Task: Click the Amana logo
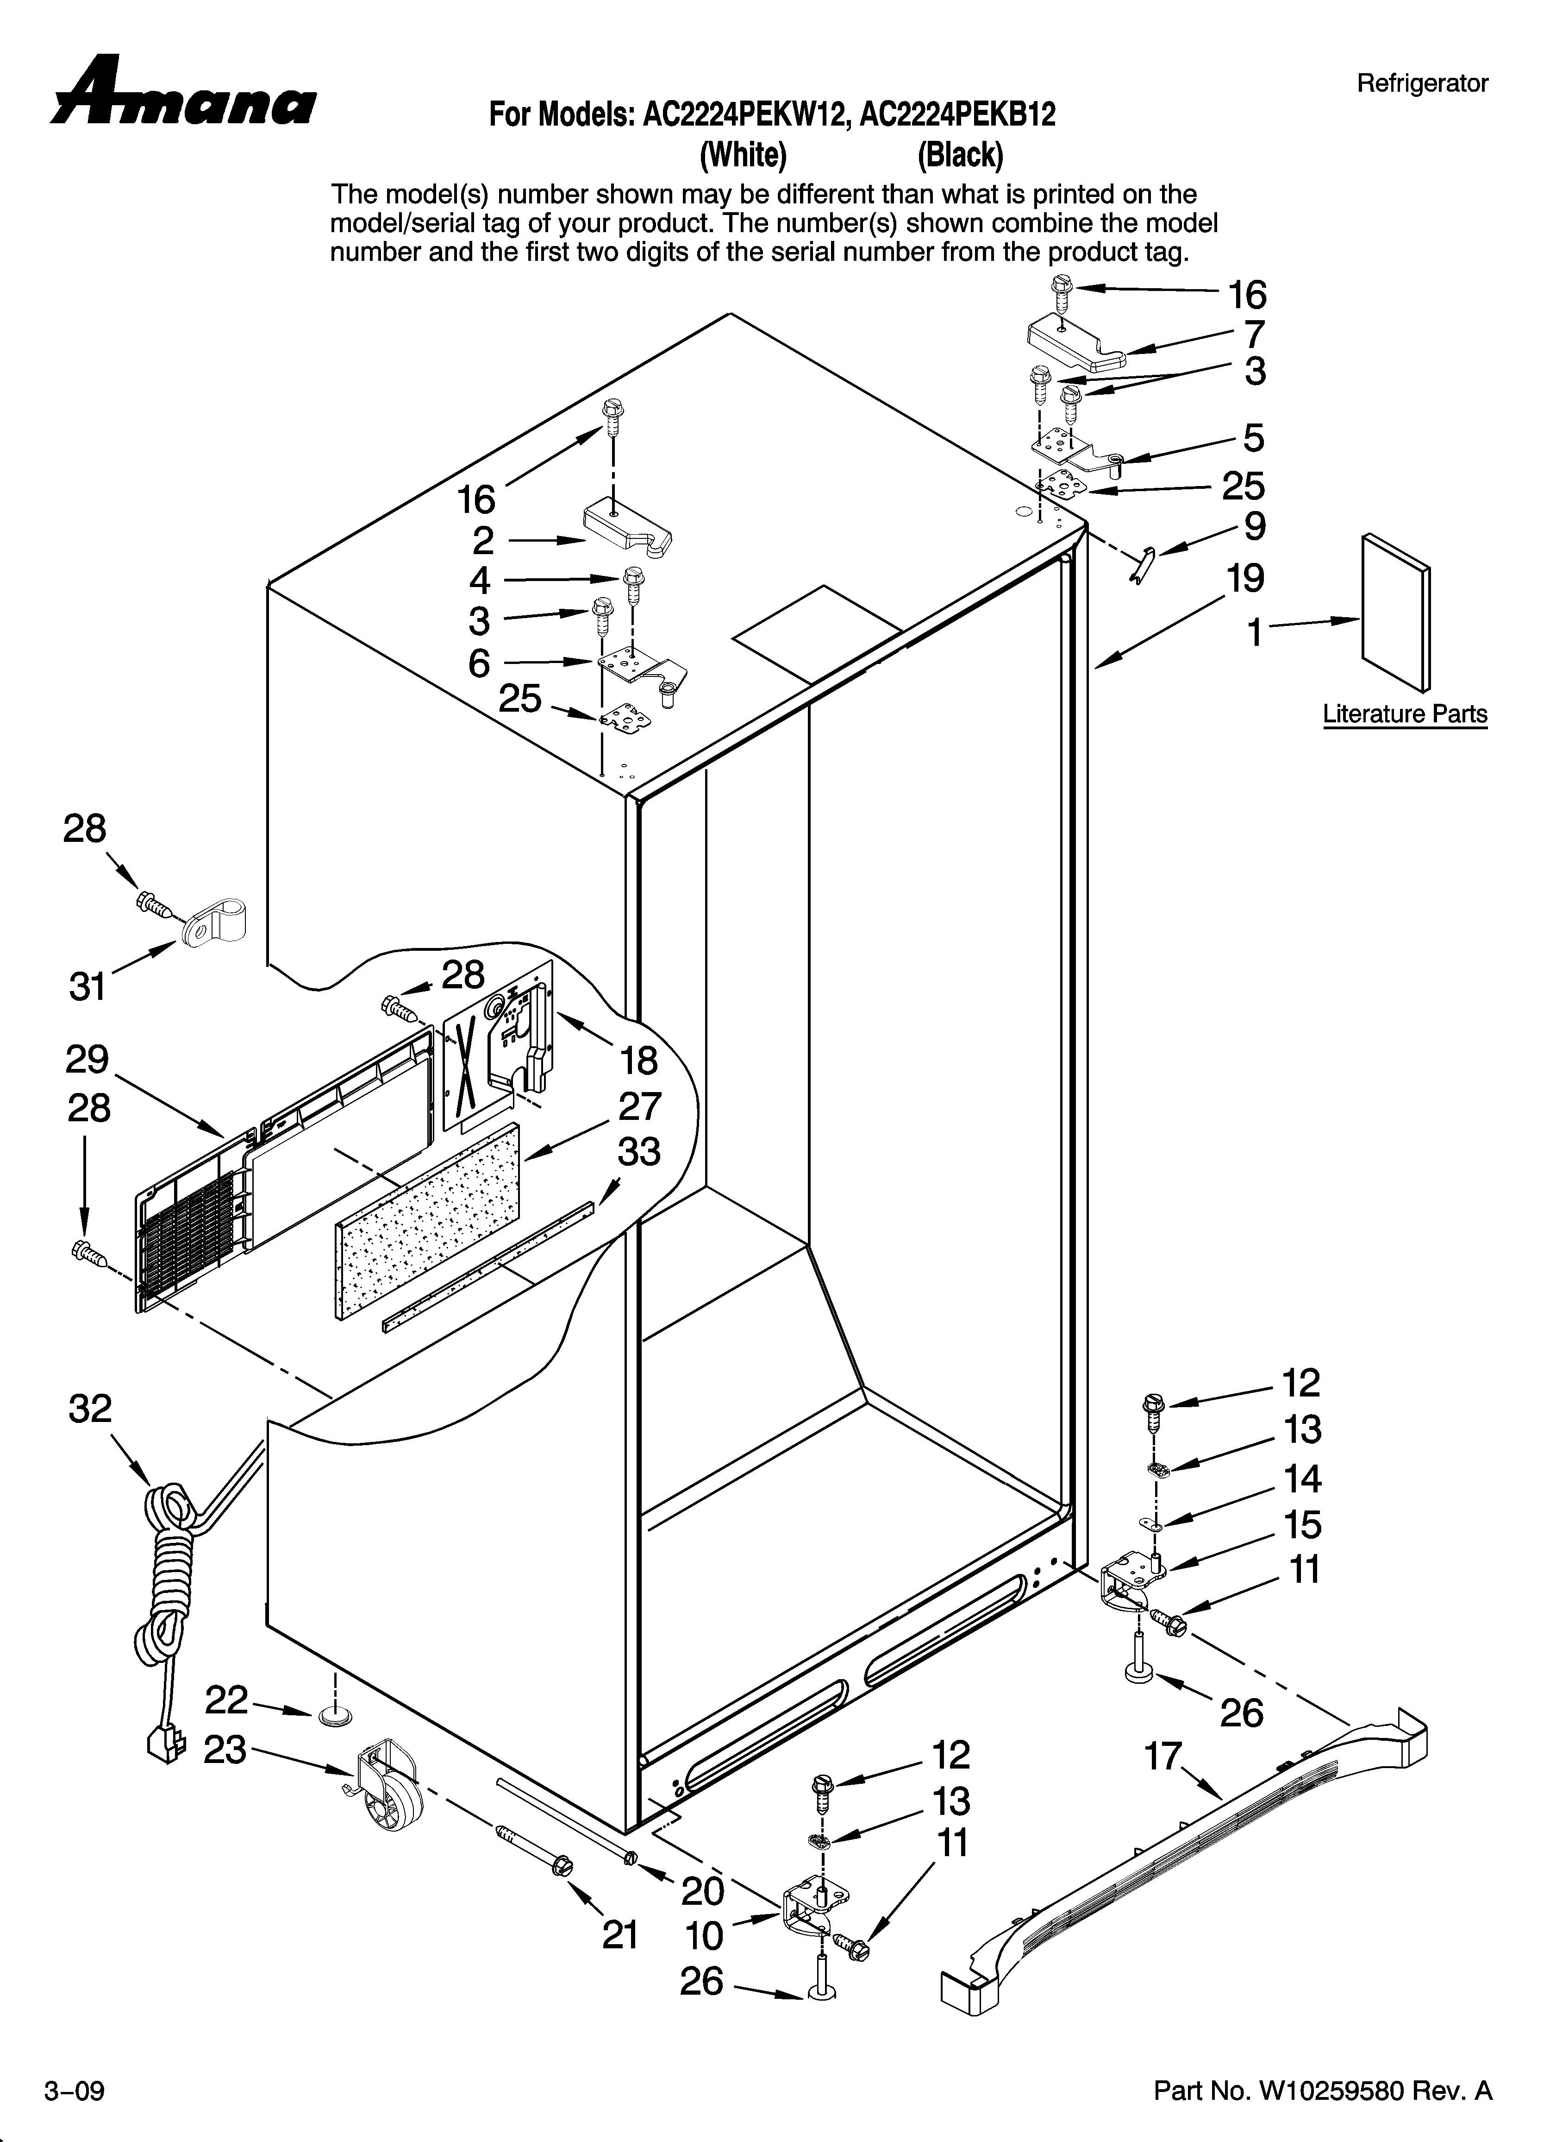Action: (184, 95)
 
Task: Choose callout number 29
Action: (87, 1060)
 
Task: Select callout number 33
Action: (639, 1152)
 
